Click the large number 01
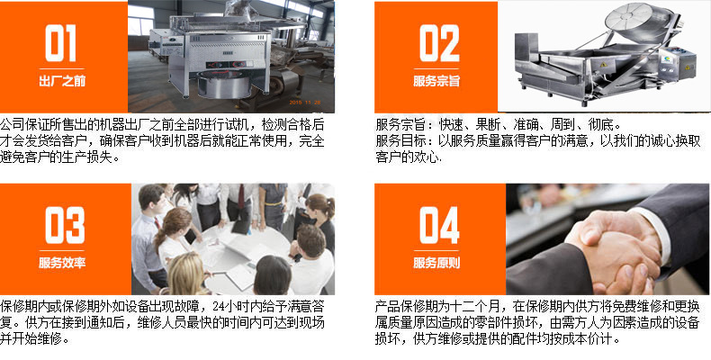(x=60, y=42)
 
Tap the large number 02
(x=439, y=43)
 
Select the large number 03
(x=65, y=225)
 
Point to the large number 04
(x=439, y=225)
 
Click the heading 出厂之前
(x=62, y=82)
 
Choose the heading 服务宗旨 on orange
(x=436, y=81)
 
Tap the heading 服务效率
(x=62, y=263)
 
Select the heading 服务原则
(x=436, y=263)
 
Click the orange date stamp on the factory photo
(x=305, y=103)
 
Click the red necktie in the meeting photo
(x=241, y=196)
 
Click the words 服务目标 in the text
(x=394, y=141)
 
